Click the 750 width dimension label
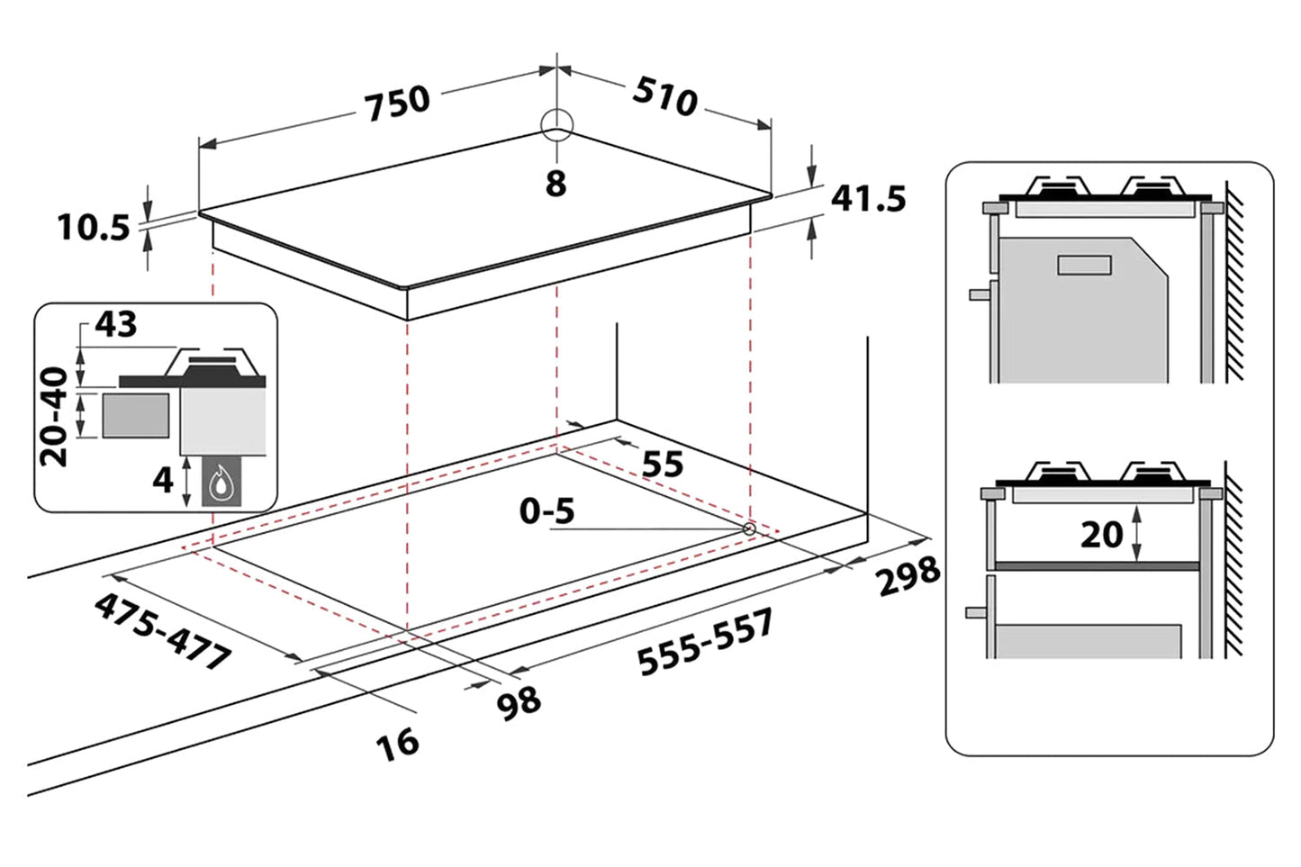pyautogui.click(x=398, y=101)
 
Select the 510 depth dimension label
pyautogui.click(x=665, y=95)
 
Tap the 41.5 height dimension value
pyautogui.click(x=868, y=198)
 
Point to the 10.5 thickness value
pyautogui.click(x=94, y=227)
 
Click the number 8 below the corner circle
pyautogui.click(x=556, y=184)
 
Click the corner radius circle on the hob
pyautogui.click(x=556, y=125)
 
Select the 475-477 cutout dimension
pyautogui.click(x=163, y=631)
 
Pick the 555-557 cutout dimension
pyautogui.click(x=705, y=641)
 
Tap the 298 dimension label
pyautogui.click(x=908, y=575)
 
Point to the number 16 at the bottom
pyautogui.click(x=397, y=744)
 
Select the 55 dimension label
pyautogui.click(x=663, y=464)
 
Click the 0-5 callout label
pyautogui.click(x=547, y=510)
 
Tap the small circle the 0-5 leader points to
pyautogui.click(x=749, y=528)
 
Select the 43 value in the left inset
pyautogui.click(x=115, y=324)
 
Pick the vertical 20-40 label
pyautogui.click(x=55, y=416)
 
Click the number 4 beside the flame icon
pyautogui.click(x=162, y=480)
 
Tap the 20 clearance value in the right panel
pyautogui.click(x=1101, y=535)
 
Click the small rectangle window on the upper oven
pyautogui.click(x=1084, y=265)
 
